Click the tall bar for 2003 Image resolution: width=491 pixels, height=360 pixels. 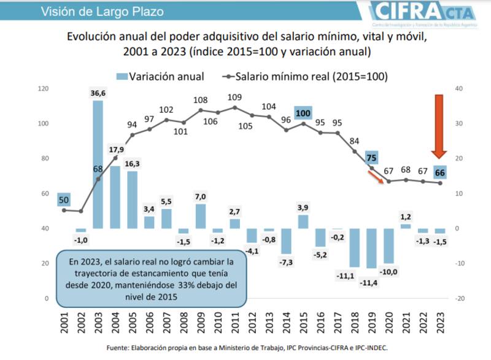98,164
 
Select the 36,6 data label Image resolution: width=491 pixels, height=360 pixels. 98,93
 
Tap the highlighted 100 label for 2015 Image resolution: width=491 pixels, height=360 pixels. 303,113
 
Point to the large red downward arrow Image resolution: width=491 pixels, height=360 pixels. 438,126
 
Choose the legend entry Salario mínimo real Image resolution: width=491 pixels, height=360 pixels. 304,77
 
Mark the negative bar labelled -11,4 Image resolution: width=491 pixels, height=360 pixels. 371,248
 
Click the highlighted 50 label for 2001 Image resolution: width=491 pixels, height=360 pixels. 64,199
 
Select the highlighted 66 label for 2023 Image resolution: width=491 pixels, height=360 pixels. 440,172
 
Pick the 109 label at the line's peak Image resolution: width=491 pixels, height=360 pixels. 234,97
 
